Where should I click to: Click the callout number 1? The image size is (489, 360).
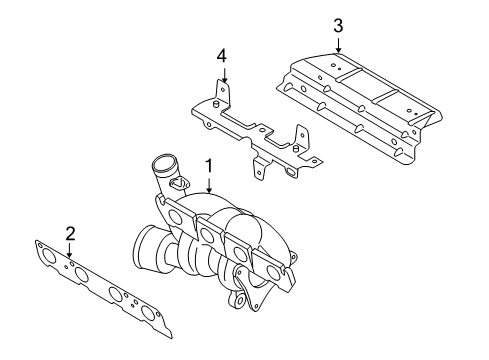[209, 166]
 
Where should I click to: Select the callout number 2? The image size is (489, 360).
[70, 234]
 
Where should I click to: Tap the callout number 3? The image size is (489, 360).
[338, 26]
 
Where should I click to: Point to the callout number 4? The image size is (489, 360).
[222, 56]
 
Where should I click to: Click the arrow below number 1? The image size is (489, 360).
[209, 185]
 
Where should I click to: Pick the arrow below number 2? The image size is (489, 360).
[69, 250]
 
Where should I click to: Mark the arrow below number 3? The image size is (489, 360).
[338, 45]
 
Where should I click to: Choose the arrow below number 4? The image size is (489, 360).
[224, 75]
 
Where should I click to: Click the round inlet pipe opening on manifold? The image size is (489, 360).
[163, 163]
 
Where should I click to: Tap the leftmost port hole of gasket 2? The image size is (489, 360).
[50, 257]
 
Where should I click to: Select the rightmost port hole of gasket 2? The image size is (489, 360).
[147, 312]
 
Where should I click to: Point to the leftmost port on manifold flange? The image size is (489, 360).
[176, 218]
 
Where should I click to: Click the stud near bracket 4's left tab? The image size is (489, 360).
[215, 104]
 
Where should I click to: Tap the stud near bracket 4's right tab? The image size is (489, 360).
[295, 148]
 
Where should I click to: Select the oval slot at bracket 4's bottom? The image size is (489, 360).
[290, 172]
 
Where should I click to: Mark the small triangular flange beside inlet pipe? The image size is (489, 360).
[179, 182]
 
